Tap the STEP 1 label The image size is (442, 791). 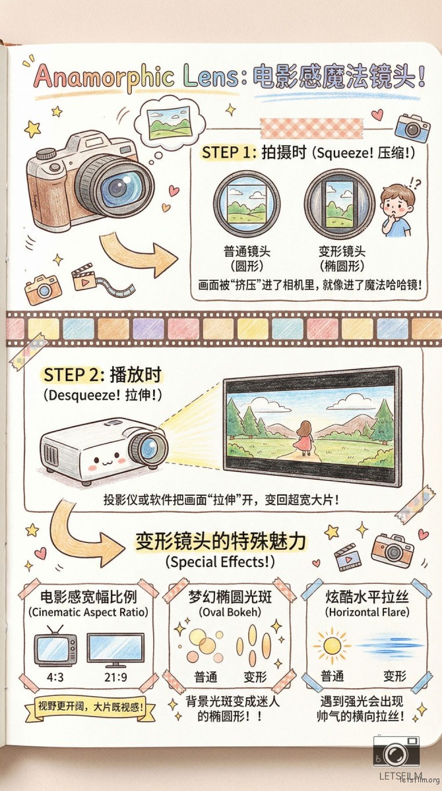pos(228,152)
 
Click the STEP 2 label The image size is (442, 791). pos(73,374)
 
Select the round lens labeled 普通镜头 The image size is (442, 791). pos(247,204)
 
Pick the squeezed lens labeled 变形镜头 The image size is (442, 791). pos(339,205)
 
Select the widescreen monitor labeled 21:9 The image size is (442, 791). pos(115,649)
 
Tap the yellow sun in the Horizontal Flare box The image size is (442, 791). pos(331,645)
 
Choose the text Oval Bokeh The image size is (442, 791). pos(230,612)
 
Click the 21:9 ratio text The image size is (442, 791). pos(115,678)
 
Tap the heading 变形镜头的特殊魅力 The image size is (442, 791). pos(221,541)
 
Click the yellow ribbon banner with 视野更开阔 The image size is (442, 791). pos(90,707)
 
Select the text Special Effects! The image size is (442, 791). pos(220,562)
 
